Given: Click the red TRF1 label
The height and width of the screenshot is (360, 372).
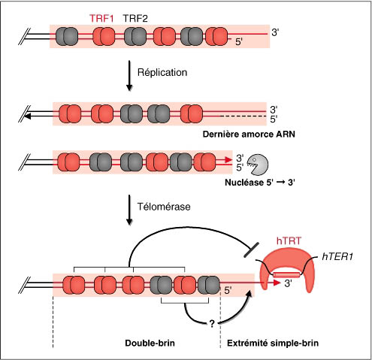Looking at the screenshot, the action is coord(101,19).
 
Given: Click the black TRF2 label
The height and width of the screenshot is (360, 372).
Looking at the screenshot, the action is coord(135,19).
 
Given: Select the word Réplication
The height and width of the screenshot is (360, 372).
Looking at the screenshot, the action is coord(162,72).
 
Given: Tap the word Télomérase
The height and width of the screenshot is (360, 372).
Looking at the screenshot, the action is coord(164,207).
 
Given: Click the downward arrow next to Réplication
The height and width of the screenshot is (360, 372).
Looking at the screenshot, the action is coord(129,75).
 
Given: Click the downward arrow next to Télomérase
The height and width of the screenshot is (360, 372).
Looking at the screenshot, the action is coord(129,210).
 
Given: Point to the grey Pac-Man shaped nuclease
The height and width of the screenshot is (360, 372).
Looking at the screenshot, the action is coord(258,165).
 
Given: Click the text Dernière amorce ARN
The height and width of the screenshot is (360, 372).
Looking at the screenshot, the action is coord(249,135).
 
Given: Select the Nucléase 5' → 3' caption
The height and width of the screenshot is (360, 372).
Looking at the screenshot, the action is coord(260,183).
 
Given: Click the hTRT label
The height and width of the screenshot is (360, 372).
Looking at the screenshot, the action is coord(289,241).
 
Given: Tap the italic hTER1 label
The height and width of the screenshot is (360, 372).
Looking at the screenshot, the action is coord(337,256).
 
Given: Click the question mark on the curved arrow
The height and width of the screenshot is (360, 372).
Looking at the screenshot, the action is coord(212,324).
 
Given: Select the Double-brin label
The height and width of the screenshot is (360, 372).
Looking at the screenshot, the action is coord(150,343).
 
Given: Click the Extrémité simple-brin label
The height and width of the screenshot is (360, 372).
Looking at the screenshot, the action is coord(273,343).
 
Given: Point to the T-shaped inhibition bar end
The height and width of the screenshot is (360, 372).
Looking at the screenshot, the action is coord(251,250).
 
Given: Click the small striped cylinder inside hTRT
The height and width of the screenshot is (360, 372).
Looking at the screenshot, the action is coord(286,275).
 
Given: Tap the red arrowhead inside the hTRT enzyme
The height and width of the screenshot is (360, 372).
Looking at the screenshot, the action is coord(277,283).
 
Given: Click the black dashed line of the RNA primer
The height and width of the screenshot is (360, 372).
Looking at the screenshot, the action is coord(243,116).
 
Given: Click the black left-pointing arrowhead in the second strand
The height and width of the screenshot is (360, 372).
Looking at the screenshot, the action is coord(28,116).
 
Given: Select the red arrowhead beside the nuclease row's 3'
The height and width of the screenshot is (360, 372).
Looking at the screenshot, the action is coord(228,159).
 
